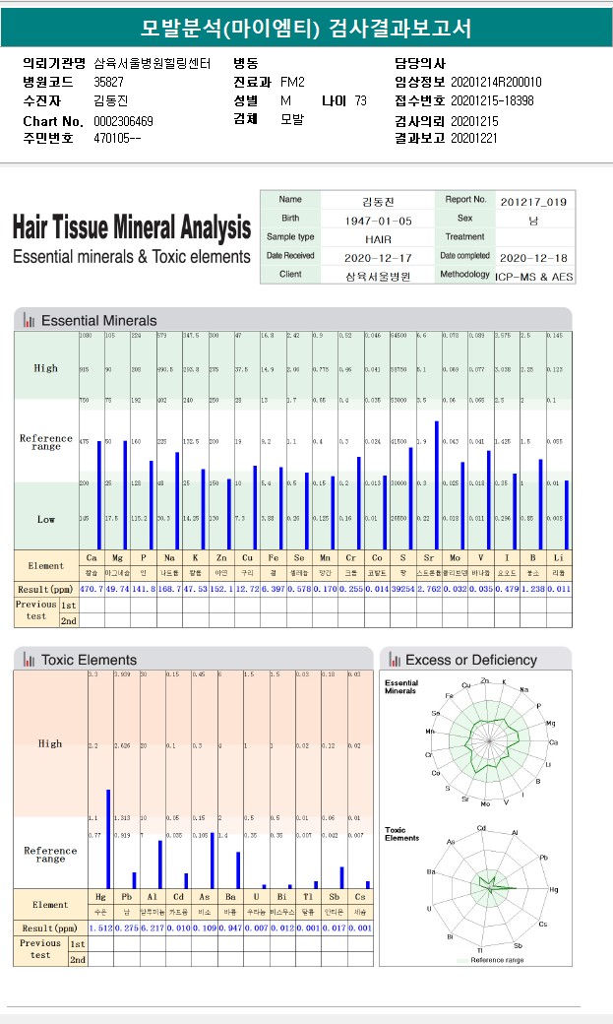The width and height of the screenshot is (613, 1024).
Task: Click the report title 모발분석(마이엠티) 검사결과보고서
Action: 306,28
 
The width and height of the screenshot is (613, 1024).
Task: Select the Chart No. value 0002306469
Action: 123,121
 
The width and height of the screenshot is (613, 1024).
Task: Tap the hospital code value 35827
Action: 108,82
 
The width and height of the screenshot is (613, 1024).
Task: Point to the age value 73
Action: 360,100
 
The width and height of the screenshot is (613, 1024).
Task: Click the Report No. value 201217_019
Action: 533,201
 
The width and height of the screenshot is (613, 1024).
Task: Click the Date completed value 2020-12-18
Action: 533,257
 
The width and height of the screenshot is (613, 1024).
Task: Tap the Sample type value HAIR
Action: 379,238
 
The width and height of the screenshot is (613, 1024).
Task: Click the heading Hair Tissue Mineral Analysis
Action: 132,228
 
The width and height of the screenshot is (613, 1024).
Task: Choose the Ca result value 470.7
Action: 92,588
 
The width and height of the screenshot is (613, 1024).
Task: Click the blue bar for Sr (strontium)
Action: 436,485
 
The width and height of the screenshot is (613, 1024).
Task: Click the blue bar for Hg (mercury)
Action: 108,838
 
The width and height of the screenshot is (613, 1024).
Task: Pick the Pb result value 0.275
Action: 126,928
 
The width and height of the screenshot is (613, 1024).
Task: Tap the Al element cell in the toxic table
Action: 152,899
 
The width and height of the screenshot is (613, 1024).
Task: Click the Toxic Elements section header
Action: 89,660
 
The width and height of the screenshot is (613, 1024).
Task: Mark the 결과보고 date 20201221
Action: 475,139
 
